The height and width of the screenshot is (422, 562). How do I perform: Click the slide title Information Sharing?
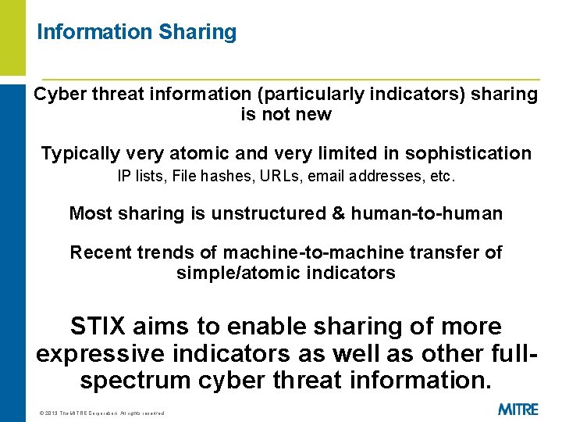(x=137, y=32)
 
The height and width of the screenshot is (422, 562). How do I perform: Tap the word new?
(x=315, y=115)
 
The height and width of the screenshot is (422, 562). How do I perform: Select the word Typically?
(x=79, y=153)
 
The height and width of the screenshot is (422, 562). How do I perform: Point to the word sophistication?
(x=468, y=153)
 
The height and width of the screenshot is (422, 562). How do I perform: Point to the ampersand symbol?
(x=338, y=213)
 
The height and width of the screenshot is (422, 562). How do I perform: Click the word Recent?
(x=99, y=252)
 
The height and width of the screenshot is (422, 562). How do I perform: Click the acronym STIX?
(x=99, y=326)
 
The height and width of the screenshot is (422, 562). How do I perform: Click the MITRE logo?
(x=518, y=409)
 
